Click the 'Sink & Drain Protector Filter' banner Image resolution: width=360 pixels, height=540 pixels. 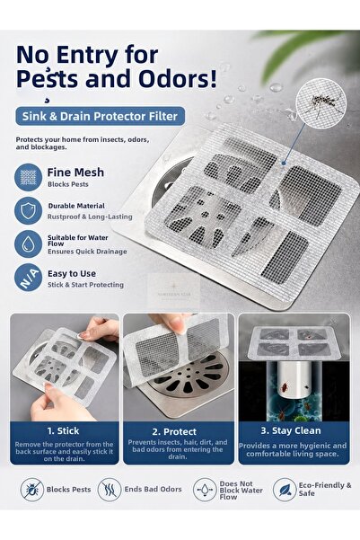coord(101,116)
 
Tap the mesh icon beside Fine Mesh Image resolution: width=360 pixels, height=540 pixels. coord(28,177)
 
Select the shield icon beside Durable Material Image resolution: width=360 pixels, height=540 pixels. coord(28,210)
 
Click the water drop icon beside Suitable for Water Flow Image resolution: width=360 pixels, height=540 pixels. coord(28,244)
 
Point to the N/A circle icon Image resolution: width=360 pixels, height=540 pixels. coord(28,278)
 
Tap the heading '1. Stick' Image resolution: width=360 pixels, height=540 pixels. coord(63,430)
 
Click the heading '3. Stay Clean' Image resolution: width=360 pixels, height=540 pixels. coord(291,430)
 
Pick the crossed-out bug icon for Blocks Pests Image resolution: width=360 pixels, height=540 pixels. coord(31,490)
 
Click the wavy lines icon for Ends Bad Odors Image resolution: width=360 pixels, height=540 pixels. coord(110,490)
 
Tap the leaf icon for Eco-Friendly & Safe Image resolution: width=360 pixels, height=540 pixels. coord(285,490)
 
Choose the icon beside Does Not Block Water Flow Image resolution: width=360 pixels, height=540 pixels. coord(205,490)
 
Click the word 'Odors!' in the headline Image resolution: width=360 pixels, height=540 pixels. coord(178,78)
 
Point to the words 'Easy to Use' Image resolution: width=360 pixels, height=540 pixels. coord(72,274)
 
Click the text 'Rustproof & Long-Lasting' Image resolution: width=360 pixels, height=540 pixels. coord(90,217)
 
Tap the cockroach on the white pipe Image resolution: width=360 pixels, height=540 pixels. coord(285,388)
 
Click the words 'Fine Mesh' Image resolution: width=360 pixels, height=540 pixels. coord(75,173)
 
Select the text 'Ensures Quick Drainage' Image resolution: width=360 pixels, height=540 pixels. coord(87,252)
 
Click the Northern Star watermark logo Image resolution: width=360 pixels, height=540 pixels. coord(174,290)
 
